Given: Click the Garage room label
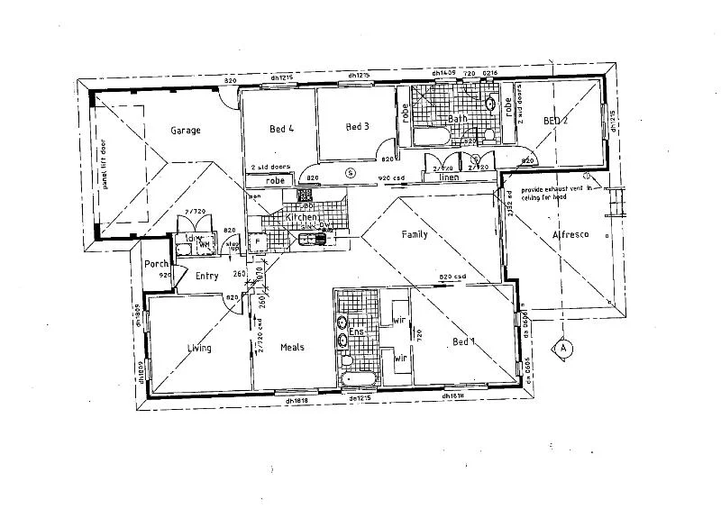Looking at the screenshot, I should pos(185,131).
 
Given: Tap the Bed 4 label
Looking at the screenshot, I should pos(282,129).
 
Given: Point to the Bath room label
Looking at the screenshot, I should pos(458,119).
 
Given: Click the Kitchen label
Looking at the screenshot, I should pos(299,219).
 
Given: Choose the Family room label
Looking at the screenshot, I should pos(415,235).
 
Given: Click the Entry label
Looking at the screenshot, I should pos(206,277).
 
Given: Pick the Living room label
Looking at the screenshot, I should pos(199,348).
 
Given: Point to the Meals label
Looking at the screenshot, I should pos(292,348).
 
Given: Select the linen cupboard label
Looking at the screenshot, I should pos(449,177).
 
